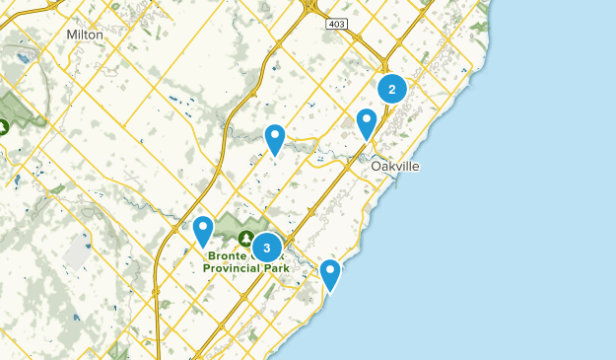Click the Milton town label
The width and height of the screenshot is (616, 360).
84,34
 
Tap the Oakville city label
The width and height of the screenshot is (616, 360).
395,167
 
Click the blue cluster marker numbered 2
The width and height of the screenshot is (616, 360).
392,90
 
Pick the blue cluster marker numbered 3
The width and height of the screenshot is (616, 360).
266,248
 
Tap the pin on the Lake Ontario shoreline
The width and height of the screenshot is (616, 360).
330,273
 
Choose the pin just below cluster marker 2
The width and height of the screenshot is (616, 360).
367,122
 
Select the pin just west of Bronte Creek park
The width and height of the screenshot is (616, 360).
203,230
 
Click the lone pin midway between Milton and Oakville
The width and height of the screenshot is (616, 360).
275,138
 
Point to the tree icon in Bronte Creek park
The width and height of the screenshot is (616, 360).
244,236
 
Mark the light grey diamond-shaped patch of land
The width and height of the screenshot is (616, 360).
76,253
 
